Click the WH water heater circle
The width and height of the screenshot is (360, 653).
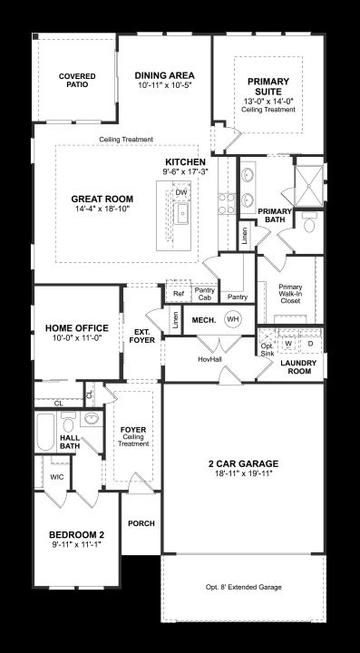click(233, 319)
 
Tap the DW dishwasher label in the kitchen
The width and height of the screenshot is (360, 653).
click(180, 192)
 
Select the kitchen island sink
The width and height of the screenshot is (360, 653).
click(181, 213)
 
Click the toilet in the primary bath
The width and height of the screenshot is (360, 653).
click(309, 223)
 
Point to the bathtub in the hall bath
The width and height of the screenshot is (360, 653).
click(45, 432)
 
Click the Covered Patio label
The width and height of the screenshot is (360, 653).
click(77, 81)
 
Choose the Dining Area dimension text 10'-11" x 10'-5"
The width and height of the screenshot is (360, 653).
click(165, 85)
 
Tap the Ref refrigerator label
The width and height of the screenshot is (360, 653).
click(179, 294)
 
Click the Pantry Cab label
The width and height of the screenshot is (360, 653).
click(205, 294)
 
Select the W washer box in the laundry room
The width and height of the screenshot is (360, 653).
click(288, 344)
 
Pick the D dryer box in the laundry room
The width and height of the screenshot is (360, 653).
click(310, 344)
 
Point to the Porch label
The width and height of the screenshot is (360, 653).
click(141, 523)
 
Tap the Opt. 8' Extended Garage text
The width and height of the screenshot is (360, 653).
click(243, 587)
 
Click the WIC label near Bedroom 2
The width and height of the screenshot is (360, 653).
click(57, 477)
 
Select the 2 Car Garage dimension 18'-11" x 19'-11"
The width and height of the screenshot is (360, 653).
click(243, 473)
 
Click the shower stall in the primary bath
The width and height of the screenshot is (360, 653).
click(308, 186)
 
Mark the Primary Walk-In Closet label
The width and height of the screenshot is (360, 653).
click(290, 294)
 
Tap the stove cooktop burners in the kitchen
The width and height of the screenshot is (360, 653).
click(227, 204)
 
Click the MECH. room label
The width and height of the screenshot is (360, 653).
click(203, 320)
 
